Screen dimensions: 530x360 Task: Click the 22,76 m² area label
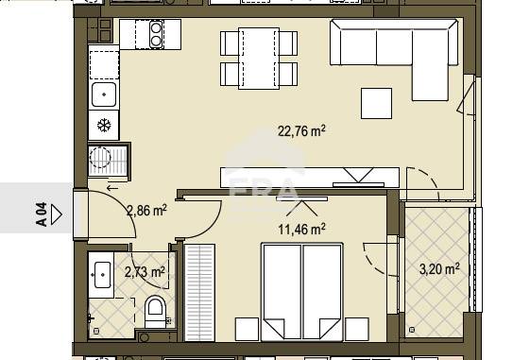tap(301, 130)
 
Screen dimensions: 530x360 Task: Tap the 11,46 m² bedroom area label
tap(301, 230)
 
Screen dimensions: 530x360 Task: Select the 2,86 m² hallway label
tap(146, 211)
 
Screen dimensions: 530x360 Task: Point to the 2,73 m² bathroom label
tap(145, 271)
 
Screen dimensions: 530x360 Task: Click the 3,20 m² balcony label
tap(439, 269)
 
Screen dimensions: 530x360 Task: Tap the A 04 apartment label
tap(41, 214)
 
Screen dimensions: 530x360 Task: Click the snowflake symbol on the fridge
tap(104, 126)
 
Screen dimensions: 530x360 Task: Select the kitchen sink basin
tap(104, 94)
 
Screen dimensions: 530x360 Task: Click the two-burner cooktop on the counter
tap(156, 34)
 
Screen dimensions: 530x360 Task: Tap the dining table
tap(259, 59)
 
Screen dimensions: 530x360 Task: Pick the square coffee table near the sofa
tap(377, 103)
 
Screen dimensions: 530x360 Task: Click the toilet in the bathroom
tap(155, 311)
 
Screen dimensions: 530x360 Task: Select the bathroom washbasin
tap(101, 274)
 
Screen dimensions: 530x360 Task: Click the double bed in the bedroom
tap(302, 292)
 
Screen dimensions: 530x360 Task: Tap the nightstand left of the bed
tap(248, 329)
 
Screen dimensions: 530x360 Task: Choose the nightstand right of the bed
tap(357, 329)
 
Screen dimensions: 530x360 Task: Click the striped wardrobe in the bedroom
tap(199, 293)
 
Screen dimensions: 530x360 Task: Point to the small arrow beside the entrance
tap(112, 188)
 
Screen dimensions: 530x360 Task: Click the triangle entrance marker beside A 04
tap(57, 214)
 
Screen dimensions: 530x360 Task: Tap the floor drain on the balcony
tap(412, 330)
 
